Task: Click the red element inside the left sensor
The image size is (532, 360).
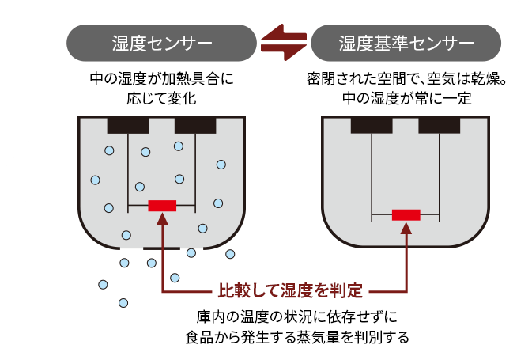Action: [x=162, y=206]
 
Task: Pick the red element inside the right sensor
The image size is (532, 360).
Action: [x=406, y=214]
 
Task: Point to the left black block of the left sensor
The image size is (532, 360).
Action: [x=128, y=125]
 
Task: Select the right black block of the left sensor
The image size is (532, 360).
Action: [x=195, y=125]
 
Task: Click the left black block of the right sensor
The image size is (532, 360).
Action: [x=372, y=125]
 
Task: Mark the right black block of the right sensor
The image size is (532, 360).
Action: [x=440, y=125]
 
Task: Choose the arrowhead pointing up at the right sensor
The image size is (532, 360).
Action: [x=406, y=227]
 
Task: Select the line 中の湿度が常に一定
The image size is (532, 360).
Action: [x=406, y=99]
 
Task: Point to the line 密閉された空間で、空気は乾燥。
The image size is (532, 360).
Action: [x=406, y=80]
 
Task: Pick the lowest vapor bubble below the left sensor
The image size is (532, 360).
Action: [x=123, y=302]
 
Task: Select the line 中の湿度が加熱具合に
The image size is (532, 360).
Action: [x=161, y=80]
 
